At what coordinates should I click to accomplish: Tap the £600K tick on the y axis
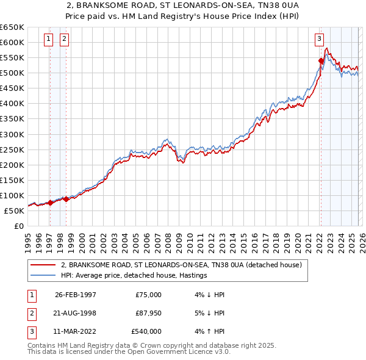pyautogui.click(x=12, y=42)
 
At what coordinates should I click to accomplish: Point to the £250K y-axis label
pyautogui.click(x=12, y=149)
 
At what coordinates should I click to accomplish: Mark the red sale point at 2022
pyautogui.click(x=321, y=60)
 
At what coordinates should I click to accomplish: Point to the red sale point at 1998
pyautogui.click(x=66, y=199)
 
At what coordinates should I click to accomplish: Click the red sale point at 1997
pyautogui.click(x=50, y=203)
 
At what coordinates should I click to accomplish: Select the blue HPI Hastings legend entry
pyautogui.click(x=134, y=276)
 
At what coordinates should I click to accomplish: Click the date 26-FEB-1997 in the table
pyautogui.click(x=76, y=294)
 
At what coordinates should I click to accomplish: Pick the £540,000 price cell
pyautogui.click(x=146, y=331)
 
